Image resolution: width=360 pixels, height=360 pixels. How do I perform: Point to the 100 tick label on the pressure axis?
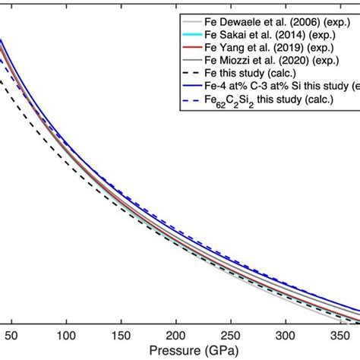pos(67,335)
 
